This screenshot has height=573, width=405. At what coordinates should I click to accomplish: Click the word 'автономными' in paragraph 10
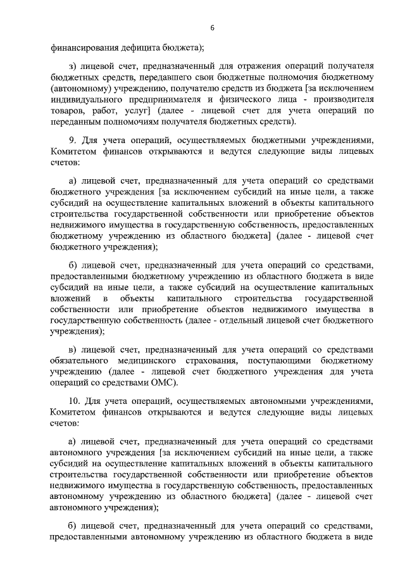(x=278, y=401)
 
